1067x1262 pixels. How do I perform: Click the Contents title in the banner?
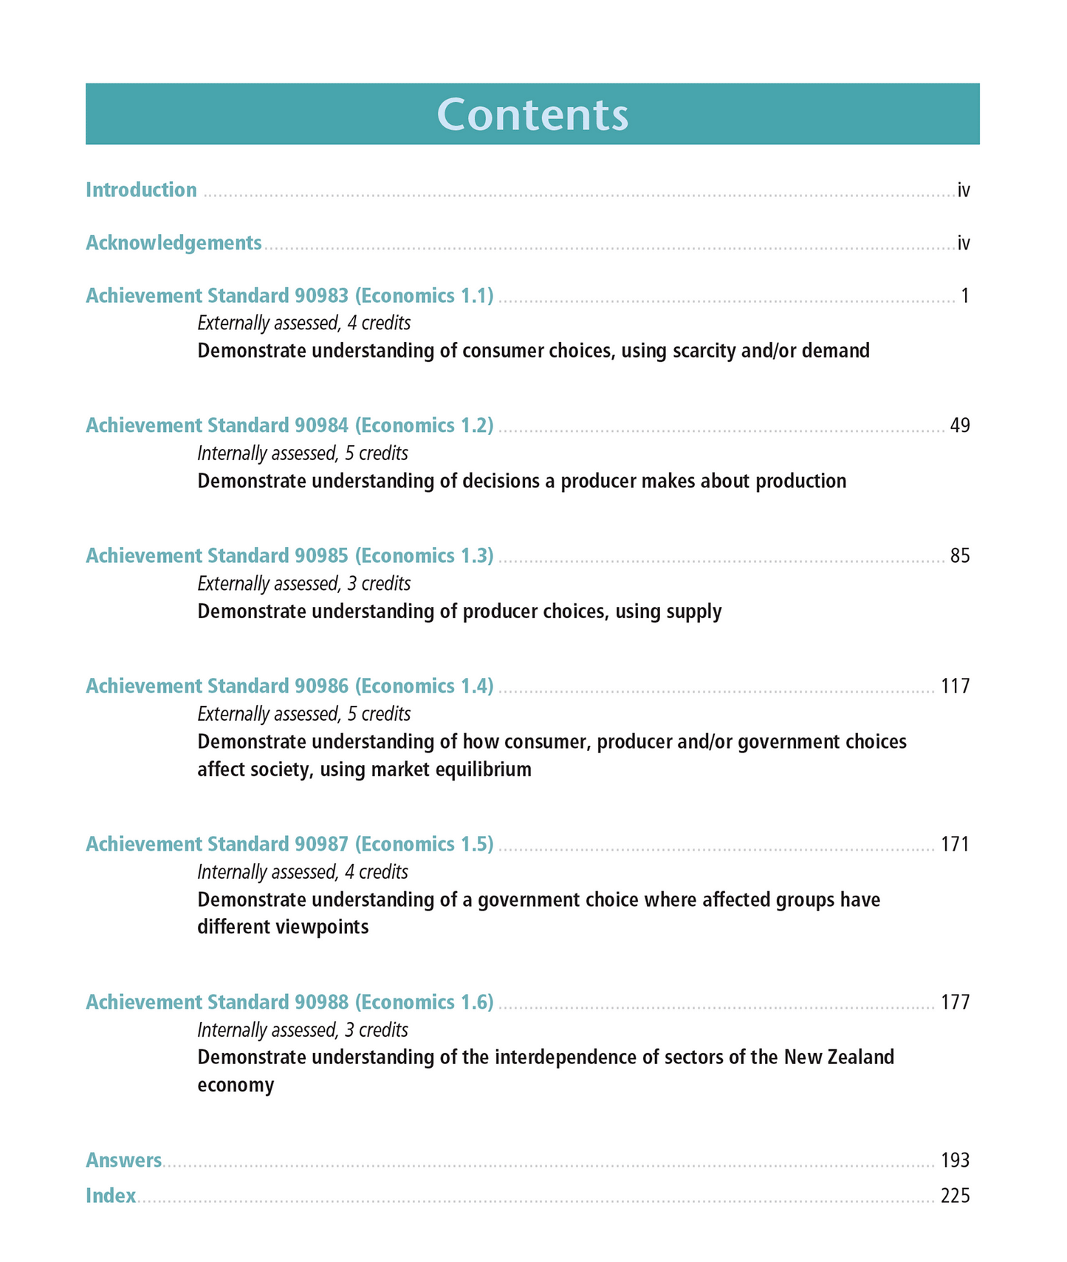532,114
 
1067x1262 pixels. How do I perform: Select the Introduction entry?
141,190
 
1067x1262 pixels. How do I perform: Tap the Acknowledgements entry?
174,243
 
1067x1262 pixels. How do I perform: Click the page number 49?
959,425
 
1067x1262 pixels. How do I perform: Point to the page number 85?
959,555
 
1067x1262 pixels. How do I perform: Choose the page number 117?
955,686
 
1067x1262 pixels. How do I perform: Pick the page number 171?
955,844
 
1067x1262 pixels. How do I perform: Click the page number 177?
955,1002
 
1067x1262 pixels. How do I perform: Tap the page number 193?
955,1160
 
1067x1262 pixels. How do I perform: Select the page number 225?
955,1196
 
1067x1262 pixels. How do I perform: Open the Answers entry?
123,1160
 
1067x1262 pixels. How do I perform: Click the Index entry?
111,1196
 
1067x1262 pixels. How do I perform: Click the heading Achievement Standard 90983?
289,295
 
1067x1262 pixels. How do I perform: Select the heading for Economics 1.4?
289,686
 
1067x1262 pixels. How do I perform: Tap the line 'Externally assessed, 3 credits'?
303,583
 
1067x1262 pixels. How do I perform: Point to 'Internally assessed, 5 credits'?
302,453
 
